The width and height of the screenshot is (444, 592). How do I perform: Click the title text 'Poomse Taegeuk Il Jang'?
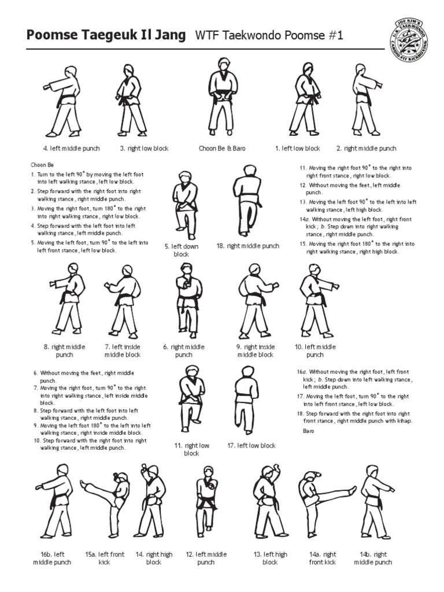click(x=106, y=36)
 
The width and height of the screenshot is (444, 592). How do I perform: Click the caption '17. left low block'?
click(x=251, y=446)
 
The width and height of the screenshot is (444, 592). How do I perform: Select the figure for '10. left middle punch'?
click(x=316, y=301)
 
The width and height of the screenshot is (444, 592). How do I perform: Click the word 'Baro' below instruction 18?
click(x=309, y=431)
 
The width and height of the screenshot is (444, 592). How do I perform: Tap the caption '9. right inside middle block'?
click(x=255, y=351)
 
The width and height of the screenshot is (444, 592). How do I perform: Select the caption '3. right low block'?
click(x=144, y=149)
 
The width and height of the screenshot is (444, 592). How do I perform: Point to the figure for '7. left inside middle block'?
click(x=122, y=301)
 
